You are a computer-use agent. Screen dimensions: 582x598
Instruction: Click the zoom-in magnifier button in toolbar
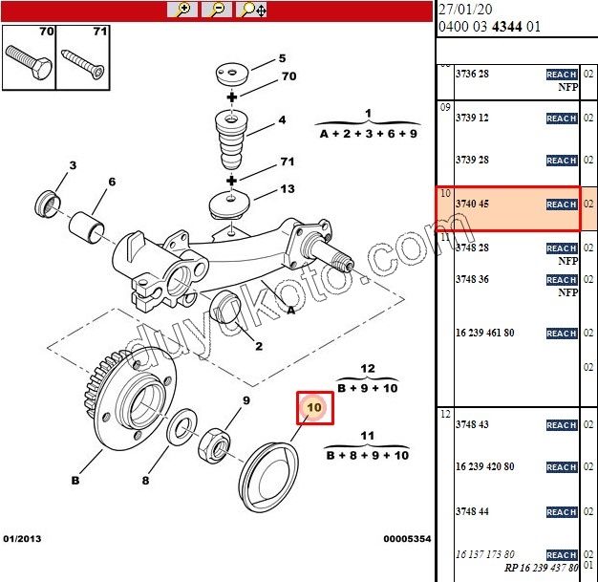click(x=182, y=10)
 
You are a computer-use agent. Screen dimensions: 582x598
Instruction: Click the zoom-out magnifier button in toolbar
click(x=217, y=10)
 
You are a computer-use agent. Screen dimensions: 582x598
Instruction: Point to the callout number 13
click(x=288, y=189)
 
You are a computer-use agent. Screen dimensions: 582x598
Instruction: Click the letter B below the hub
click(x=75, y=482)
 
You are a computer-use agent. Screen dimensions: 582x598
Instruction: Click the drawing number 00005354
click(x=407, y=539)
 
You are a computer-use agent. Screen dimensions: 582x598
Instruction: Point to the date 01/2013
click(x=23, y=539)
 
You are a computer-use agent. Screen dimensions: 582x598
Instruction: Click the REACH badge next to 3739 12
click(x=561, y=119)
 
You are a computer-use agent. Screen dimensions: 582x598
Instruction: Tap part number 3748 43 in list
click(x=472, y=424)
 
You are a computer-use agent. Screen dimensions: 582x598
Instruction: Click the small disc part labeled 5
click(x=230, y=74)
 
